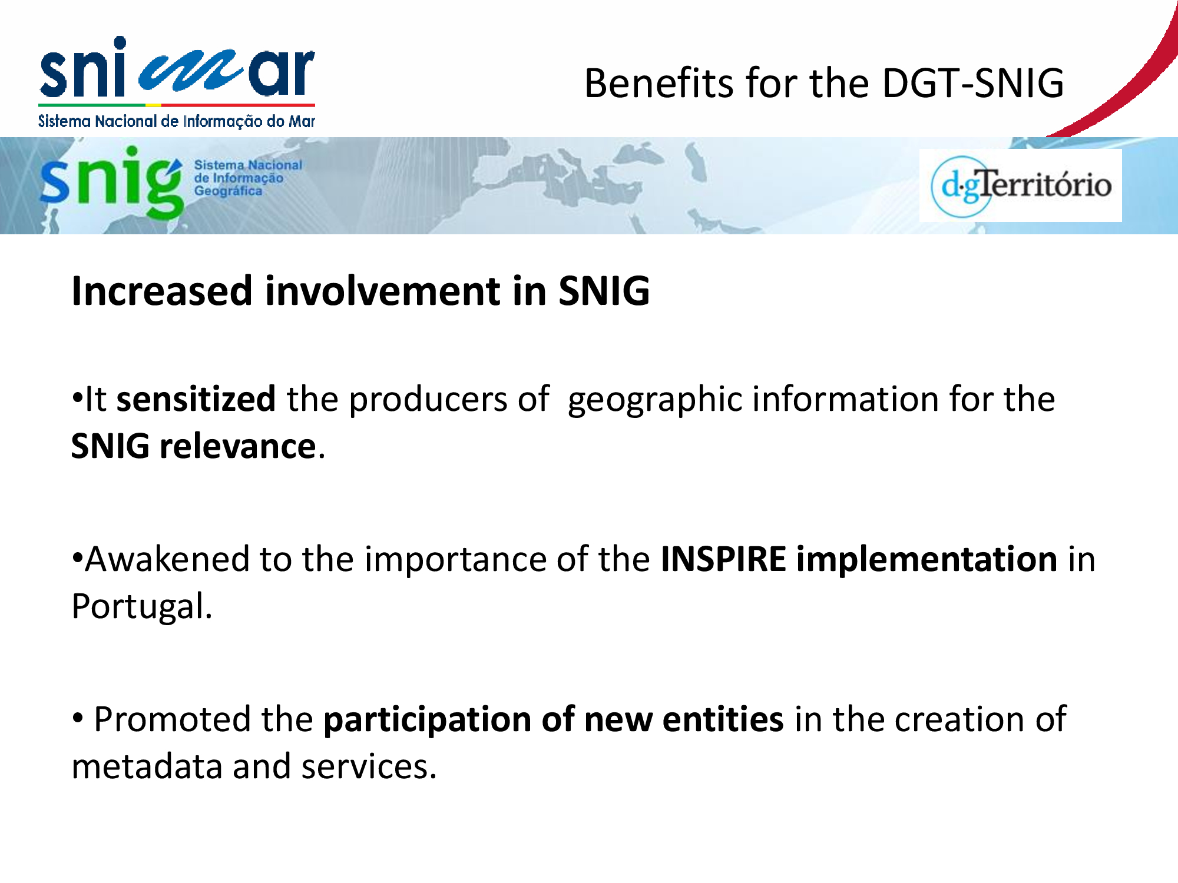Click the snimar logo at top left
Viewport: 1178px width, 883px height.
pos(177,82)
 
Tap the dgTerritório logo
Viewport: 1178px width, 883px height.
pos(1021,185)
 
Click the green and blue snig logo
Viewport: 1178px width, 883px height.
pos(171,182)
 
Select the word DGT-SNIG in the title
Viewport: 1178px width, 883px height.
pos(973,83)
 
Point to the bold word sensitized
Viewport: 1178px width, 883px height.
pos(196,399)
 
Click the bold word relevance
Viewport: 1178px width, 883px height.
pos(238,446)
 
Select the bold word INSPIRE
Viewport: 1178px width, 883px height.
pos(723,559)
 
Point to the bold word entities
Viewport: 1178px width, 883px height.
pos(723,719)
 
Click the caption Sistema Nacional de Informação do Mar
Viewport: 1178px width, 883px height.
pos(177,121)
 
